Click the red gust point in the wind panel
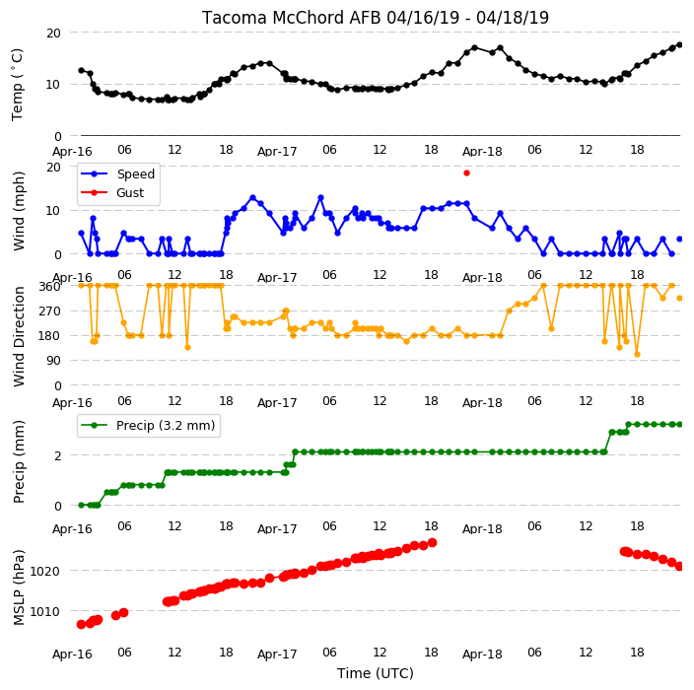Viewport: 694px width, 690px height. tap(466, 173)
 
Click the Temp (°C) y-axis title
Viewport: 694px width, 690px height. tap(17, 85)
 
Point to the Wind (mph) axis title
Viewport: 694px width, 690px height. tap(19, 211)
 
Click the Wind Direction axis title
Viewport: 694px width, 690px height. tap(19, 336)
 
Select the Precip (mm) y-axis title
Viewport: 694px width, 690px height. tap(19, 461)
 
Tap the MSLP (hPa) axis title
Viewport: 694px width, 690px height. tap(19, 587)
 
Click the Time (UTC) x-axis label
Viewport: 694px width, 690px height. tap(376, 673)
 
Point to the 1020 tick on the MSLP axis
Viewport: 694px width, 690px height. tap(44, 572)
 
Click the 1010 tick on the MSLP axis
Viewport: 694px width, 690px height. tap(44, 612)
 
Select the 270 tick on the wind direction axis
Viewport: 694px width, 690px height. tap(49, 311)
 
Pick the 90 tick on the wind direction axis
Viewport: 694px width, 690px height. tap(53, 361)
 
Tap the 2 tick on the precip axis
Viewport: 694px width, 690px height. tap(57, 455)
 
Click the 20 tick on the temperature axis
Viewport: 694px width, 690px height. tap(53, 34)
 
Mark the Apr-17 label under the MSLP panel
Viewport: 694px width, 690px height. tap(277, 655)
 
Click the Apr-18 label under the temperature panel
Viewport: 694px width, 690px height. tap(482, 152)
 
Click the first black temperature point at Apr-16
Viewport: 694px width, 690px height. tap(82, 70)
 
